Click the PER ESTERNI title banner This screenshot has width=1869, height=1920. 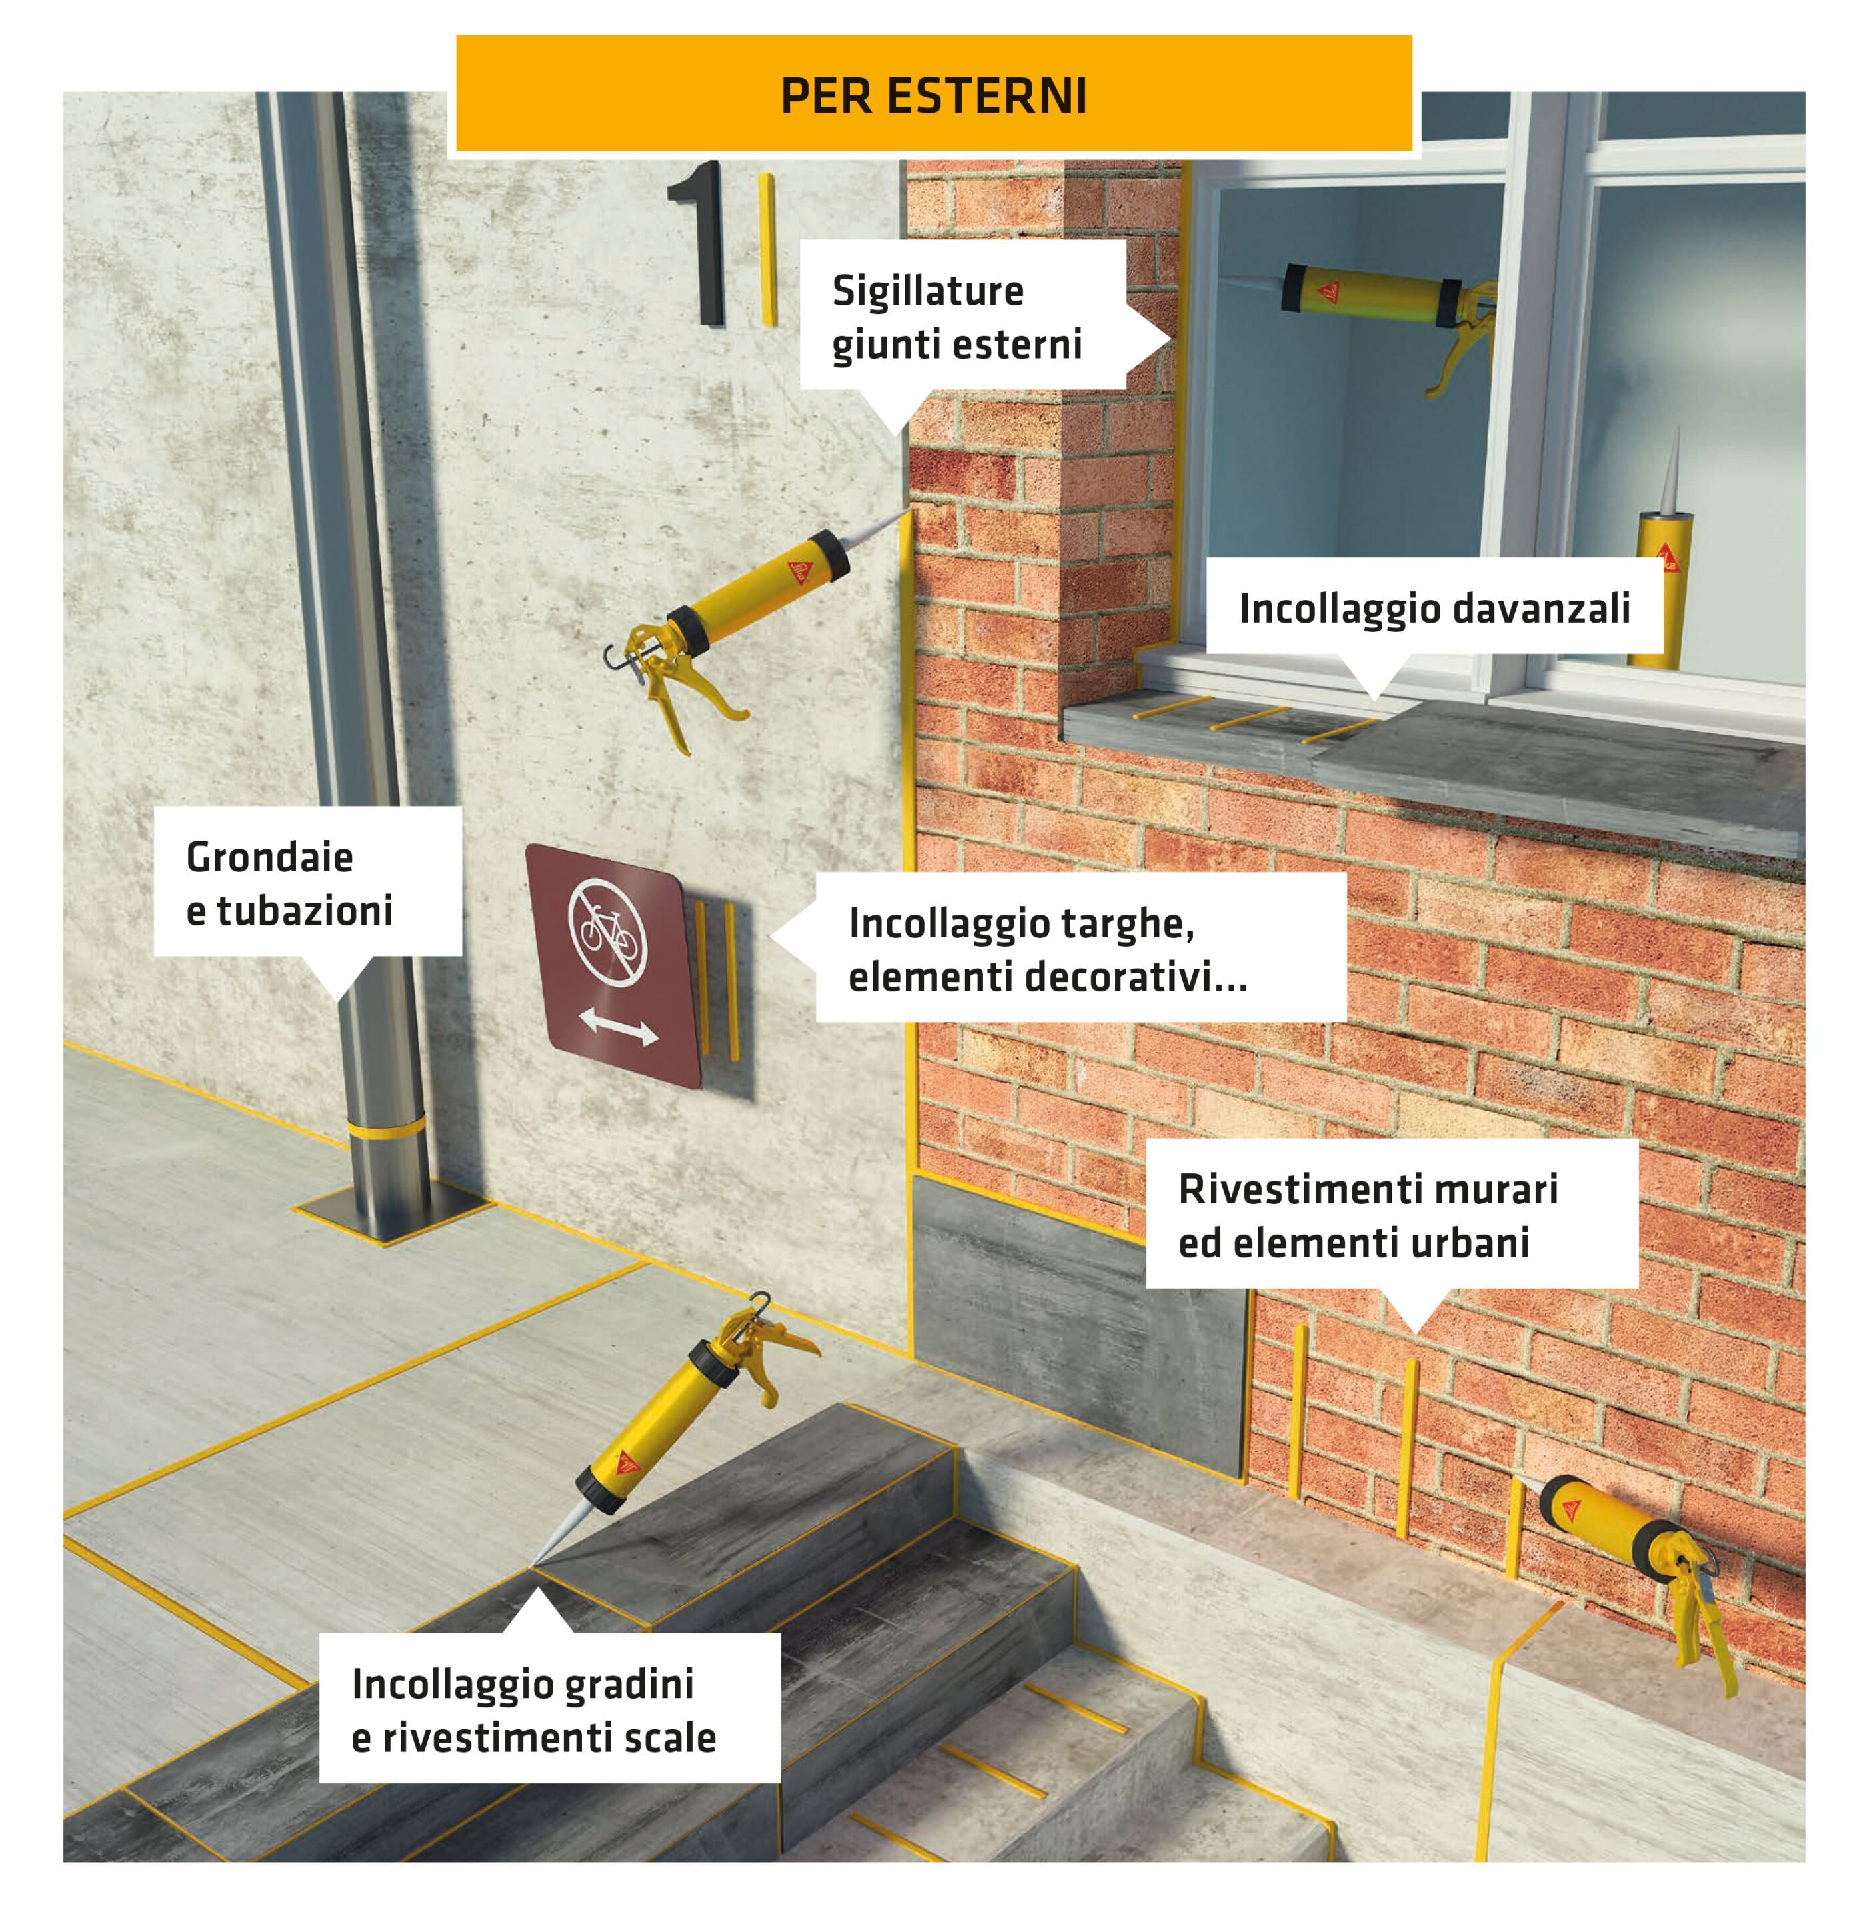coord(934,96)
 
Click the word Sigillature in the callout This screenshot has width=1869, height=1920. coord(928,291)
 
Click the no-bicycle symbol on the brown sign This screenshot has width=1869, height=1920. coord(606,931)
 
